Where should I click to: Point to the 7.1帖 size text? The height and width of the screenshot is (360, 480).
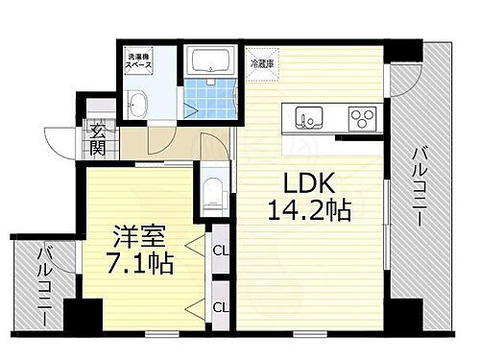[x=136, y=262]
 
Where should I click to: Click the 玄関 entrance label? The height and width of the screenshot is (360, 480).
[x=98, y=140]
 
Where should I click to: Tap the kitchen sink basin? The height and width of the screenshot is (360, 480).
[x=310, y=120]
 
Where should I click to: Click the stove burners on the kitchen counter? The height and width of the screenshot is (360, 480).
[x=364, y=119]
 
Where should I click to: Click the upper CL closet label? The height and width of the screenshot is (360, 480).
[x=221, y=252]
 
